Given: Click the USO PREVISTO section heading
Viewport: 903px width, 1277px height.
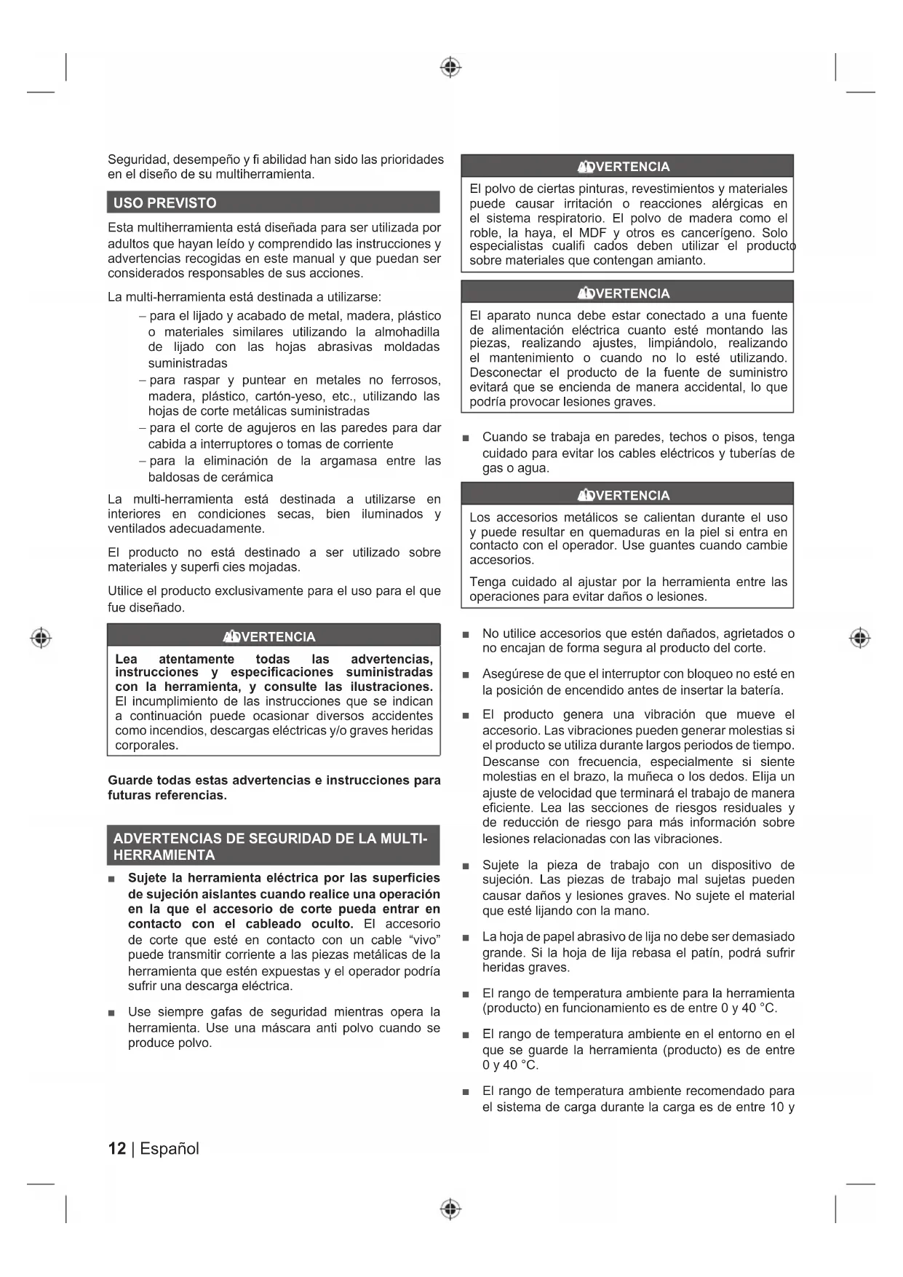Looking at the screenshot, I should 165,203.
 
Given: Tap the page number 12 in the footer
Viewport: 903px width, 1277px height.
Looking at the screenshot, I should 116,1149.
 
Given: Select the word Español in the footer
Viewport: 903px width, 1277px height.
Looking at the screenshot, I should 170,1149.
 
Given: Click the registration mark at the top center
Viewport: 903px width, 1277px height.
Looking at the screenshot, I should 450,68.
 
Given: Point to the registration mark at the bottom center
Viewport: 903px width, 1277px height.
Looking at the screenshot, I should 450,1209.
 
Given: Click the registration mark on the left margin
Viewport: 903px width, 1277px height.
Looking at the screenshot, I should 41,638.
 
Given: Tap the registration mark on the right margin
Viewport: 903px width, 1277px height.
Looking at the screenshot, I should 859,638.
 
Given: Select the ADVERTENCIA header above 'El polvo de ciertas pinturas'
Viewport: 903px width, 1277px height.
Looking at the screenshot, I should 626,167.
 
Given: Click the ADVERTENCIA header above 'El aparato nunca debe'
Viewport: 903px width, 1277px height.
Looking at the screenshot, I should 626,293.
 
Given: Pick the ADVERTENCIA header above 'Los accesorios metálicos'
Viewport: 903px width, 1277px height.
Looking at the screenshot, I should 626,496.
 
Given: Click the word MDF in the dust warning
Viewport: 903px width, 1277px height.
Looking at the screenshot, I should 592,233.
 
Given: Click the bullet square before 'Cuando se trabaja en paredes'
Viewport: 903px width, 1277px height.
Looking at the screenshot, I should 466,438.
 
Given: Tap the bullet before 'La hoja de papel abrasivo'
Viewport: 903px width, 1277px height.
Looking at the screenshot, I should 466,938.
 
